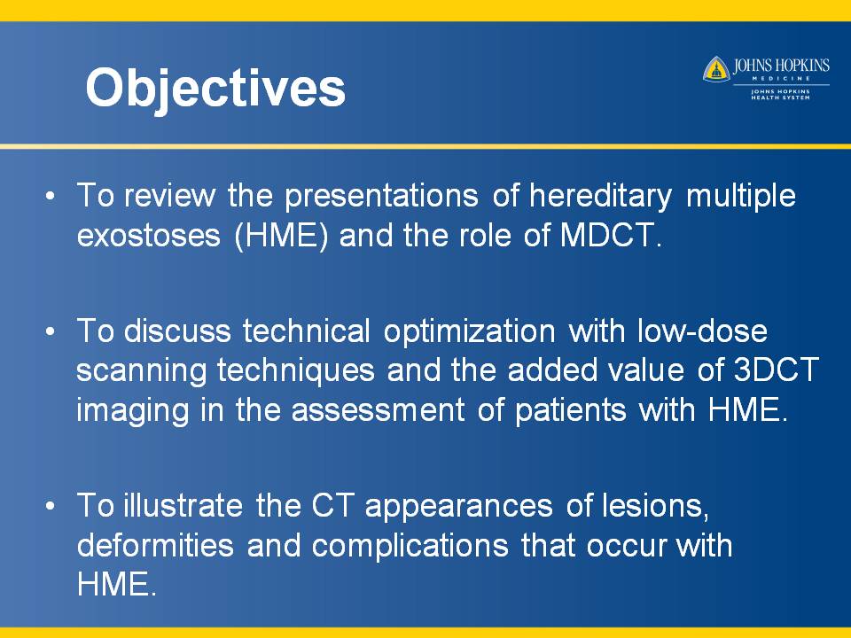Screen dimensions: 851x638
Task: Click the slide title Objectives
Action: pos(215,89)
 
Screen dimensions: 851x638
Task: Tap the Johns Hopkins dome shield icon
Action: pos(716,69)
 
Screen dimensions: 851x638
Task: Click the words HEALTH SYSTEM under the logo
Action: pos(780,97)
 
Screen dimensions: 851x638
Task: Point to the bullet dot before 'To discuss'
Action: pos(51,331)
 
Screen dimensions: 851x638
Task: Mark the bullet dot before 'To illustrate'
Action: pos(51,506)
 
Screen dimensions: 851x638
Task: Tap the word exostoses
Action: pos(149,236)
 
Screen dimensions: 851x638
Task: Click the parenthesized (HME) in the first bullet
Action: pos(281,236)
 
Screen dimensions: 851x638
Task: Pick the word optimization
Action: pos(470,331)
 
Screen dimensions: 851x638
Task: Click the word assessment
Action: pos(378,410)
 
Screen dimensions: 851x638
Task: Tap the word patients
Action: pos(571,411)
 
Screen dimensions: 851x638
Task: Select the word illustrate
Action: pos(183,506)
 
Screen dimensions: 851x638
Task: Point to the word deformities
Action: pos(155,545)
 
